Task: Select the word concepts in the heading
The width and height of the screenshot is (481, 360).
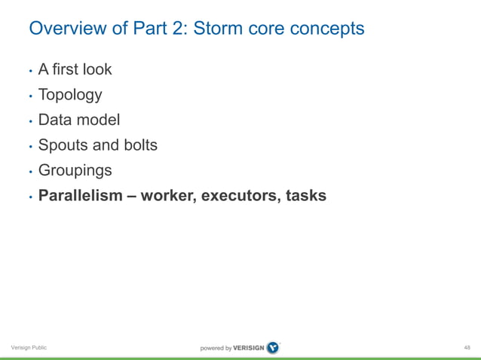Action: point(324,29)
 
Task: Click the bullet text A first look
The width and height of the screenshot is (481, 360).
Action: point(75,69)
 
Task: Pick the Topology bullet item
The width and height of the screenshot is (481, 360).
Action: point(70,95)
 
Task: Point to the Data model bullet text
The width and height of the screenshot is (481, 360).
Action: point(79,120)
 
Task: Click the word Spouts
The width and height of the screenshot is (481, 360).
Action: point(62,145)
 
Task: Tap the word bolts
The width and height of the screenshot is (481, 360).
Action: point(138,145)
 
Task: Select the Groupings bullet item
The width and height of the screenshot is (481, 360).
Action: point(75,171)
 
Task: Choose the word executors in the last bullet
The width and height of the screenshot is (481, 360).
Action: point(243,196)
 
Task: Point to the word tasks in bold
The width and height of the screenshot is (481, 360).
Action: point(306,196)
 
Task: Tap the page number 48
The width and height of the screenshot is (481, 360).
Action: point(467,347)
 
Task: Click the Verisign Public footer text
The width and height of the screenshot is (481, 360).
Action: point(29,347)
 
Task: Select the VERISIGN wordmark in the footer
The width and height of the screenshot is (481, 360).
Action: point(243,348)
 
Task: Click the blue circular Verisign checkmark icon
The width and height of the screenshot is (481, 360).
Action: point(272,347)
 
